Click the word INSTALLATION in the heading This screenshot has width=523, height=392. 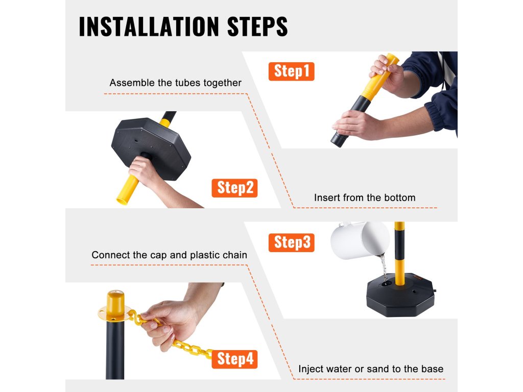pyautogui.click(x=149, y=27)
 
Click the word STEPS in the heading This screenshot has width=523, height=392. pyautogui.click(x=257, y=27)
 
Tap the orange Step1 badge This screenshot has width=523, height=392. pyautogui.click(x=291, y=71)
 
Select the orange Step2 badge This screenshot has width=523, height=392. pyautogui.click(x=234, y=188)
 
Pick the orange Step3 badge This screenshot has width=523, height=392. pyautogui.click(x=291, y=242)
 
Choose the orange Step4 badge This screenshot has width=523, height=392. pyautogui.click(x=234, y=359)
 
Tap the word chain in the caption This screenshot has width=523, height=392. pyautogui.click(x=235, y=255)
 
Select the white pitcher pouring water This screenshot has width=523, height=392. pyautogui.click(x=360, y=239)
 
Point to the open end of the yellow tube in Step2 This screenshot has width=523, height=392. pyautogui.click(x=122, y=201)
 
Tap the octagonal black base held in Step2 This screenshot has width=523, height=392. pyautogui.click(x=151, y=146)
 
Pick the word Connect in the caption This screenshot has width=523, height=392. pyautogui.click(x=110, y=255)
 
